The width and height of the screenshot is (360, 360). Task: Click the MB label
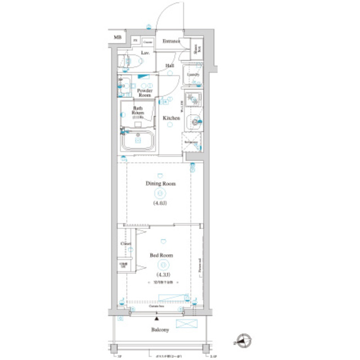coord(118,38)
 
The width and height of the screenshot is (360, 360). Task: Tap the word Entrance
coord(171,41)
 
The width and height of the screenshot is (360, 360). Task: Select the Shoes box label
coord(196,49)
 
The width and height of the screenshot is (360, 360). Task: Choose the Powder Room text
coord(146,93)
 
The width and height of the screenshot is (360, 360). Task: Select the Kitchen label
coord(171,118)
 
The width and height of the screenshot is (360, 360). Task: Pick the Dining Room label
coord(161,184)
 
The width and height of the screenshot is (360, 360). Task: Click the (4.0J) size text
coord(161,202)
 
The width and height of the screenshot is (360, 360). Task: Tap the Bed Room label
coord(161,255)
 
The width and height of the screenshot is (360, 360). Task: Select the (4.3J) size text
coord(161,274)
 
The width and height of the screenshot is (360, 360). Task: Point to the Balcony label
coord(160,330)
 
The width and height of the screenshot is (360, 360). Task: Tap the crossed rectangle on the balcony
coord(187,323)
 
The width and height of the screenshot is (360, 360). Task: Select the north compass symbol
coord(243,339)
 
